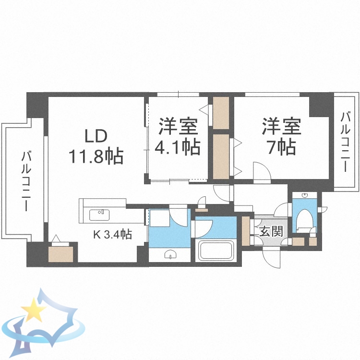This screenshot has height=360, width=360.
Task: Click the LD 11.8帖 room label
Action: [96, 146]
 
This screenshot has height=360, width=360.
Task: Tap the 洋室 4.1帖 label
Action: [178, 137]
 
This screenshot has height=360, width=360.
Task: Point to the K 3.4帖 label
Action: [112, 235]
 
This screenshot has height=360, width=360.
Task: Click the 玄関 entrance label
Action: [270, 232]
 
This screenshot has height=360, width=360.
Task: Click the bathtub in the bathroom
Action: [216, 251]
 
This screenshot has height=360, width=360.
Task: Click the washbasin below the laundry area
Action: [170, 255]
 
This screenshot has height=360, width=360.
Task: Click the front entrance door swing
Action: [272, 257]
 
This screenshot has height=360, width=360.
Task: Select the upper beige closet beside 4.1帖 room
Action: [221, 112]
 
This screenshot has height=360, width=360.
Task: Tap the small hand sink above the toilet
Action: [305, 196]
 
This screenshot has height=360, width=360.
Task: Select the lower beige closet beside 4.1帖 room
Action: [221, 156]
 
